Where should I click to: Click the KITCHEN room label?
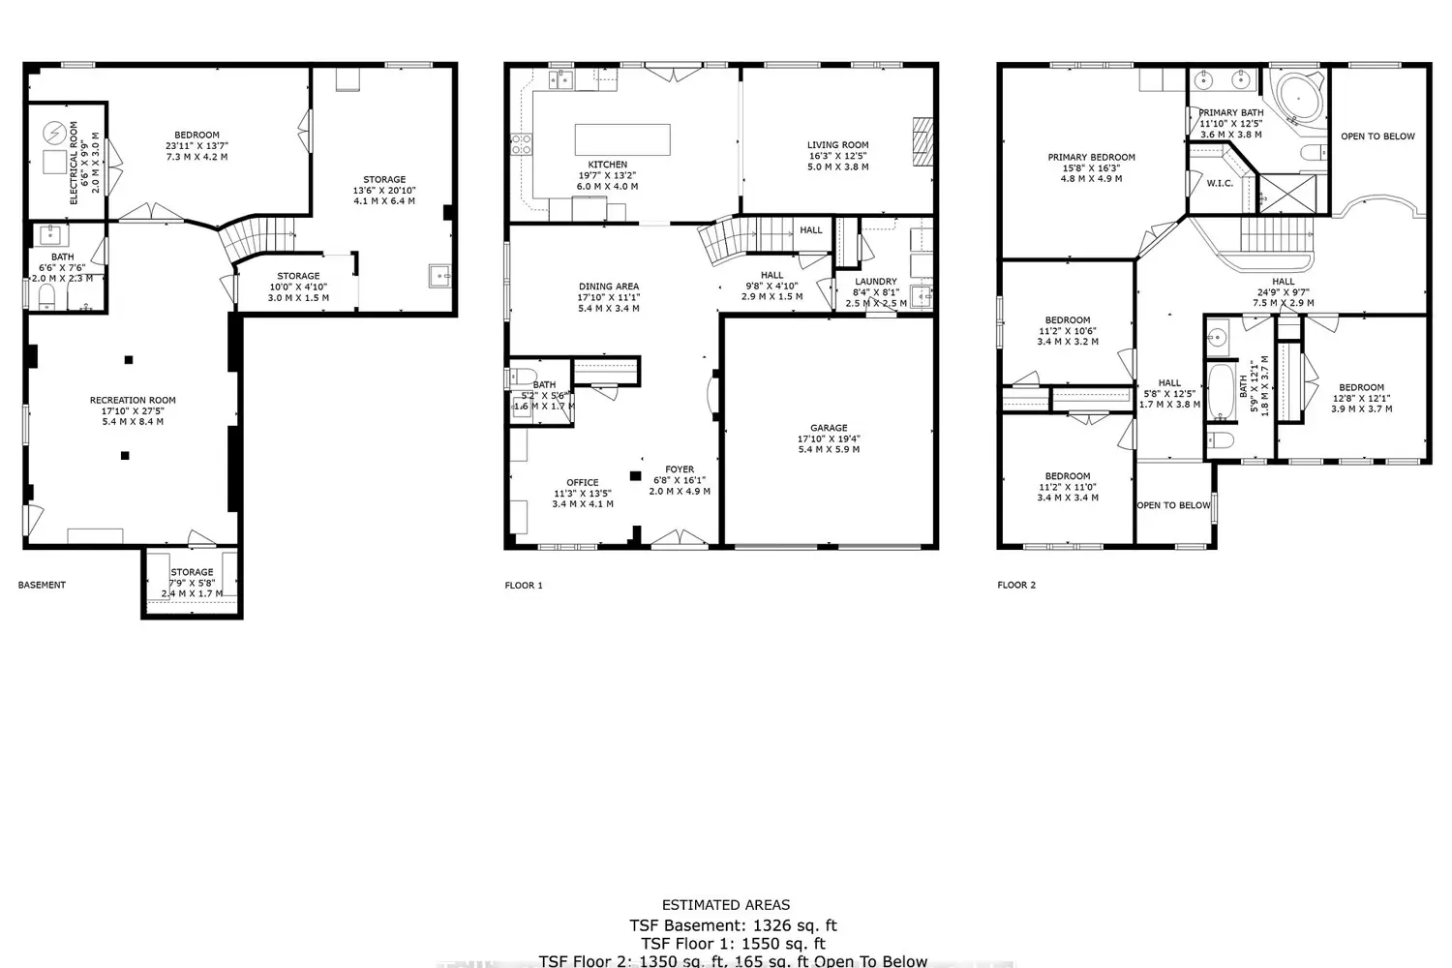pyautogui.click(x=607, y=165)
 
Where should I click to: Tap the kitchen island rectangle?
pyautogui.click(x=622, y=138)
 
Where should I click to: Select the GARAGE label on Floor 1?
pyautogui.click(x=829, y=428)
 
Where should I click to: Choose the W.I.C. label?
pyautogui.click(x=1220, y=183)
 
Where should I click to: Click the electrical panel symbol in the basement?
pyautogui.click(x=55, y=130)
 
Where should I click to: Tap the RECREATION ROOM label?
pyautogui.click(x=133, y=400)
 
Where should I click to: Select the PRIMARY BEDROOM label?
pyautogui.click(x=1091, y=157)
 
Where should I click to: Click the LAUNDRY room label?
pyautogui.click(x=875, y=282)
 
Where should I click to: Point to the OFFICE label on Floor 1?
pyautogui.click(x=583, y=482)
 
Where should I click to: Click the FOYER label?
pyautogui.click(x=680, y=469)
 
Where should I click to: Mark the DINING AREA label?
pyautogui.click(x=609, y=287)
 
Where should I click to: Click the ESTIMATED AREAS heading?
pyautogui.click(x=726, y=905)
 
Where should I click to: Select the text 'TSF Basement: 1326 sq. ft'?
pyautogui.click(x=733, y=925)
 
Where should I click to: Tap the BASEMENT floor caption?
pyautogui.click(x=43, y=585)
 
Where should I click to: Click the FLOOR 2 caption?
pyautogui.click(x=1016, y=585)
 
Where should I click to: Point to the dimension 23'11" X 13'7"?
pyautogui.click(x=197, y=146)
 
